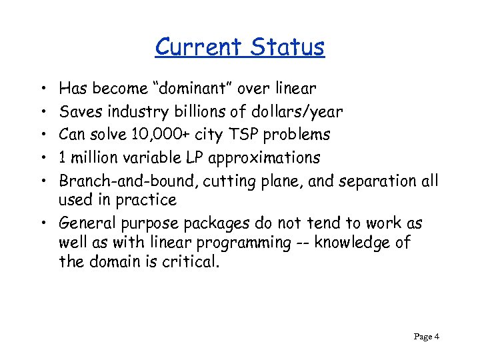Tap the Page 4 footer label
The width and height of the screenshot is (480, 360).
point(426,337)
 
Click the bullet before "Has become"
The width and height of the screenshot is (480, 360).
point(42,88)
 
